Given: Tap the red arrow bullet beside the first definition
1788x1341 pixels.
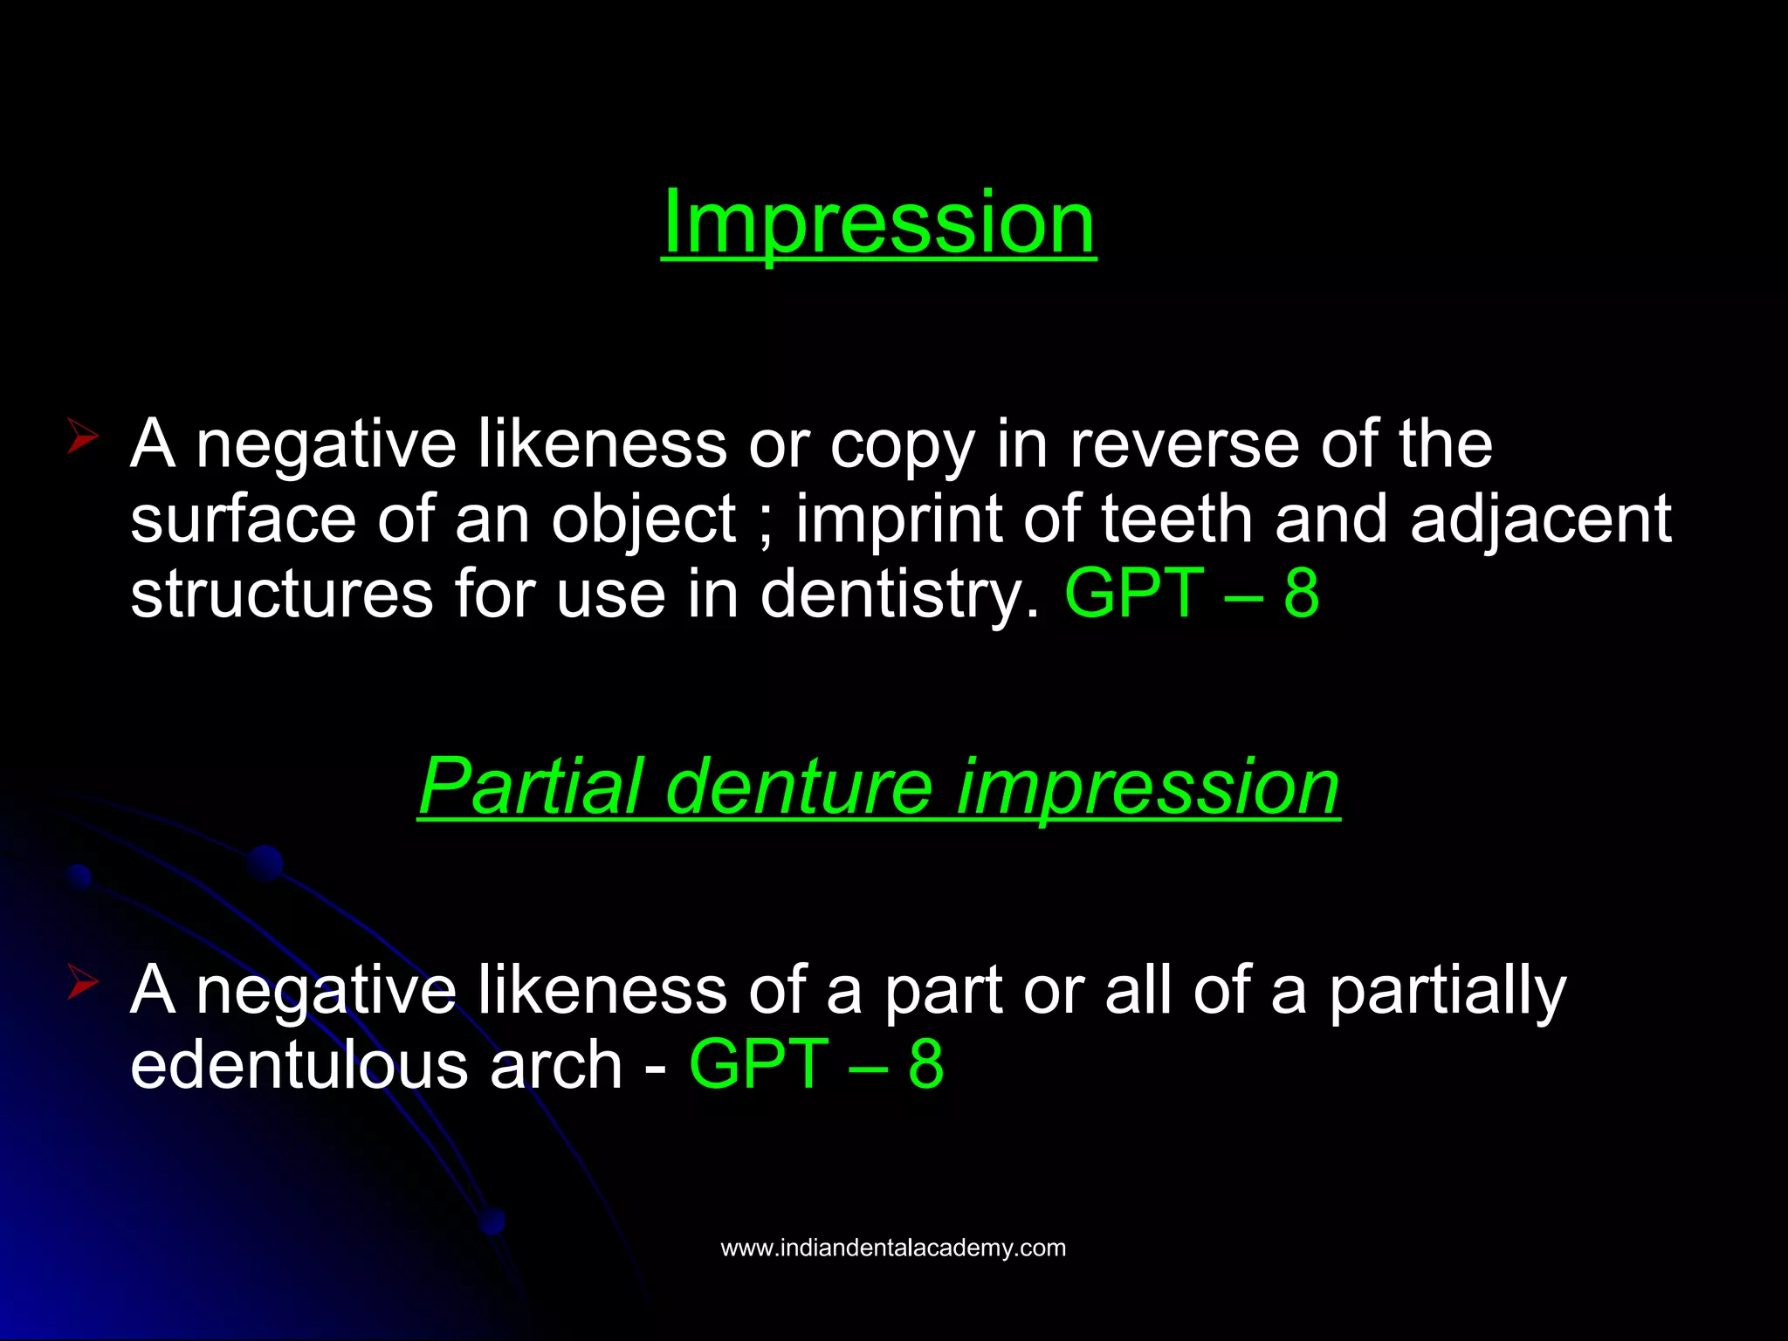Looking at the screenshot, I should (x=82, y=436).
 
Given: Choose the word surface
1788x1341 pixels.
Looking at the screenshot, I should (x=243, y=520).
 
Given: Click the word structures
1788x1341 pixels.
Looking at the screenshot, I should (x=281, y=595).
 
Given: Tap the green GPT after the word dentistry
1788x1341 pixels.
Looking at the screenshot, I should (x=1134, y=595).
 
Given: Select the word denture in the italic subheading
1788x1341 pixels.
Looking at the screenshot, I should (x=799, y=787).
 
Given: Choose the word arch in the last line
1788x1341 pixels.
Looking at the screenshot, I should (x=555, y=1065).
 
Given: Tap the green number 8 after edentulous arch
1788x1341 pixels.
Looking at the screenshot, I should (x=925, y=1065).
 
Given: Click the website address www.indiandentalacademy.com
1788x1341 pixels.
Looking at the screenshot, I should (x=893, y=1248).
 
